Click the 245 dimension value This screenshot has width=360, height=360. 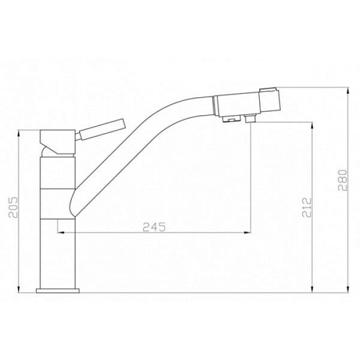click(154, 227)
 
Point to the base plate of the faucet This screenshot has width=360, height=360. click(58, 290)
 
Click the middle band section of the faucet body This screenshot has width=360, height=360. click(57, 202)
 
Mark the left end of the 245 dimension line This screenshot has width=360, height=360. click(58, 233)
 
